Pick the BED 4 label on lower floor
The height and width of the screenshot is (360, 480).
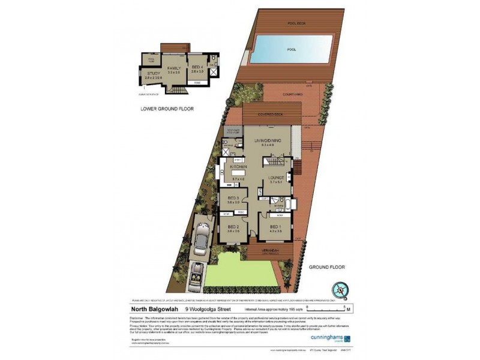coord(197,68)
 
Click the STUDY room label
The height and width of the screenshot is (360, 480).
coord(154,74)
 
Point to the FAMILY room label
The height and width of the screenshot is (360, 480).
coord(174,68)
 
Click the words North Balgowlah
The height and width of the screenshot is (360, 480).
coord(153,310)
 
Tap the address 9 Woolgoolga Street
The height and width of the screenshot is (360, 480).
coord(208,310)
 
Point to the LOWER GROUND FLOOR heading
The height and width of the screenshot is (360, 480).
coord(166,109)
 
